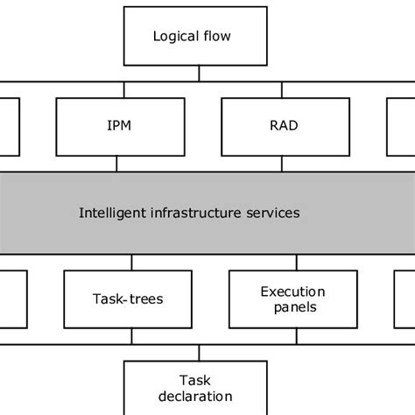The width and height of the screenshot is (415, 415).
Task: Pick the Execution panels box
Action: [293, 299]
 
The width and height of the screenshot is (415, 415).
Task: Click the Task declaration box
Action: [198, 388]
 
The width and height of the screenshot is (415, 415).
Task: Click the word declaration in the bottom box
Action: [198, 397]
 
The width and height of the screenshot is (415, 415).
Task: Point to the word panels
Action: [293, 307]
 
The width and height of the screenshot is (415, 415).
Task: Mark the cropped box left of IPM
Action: [9, 125]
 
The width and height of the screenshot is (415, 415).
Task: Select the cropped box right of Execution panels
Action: [404, 299]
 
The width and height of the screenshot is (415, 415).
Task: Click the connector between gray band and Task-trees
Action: [131, 261]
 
